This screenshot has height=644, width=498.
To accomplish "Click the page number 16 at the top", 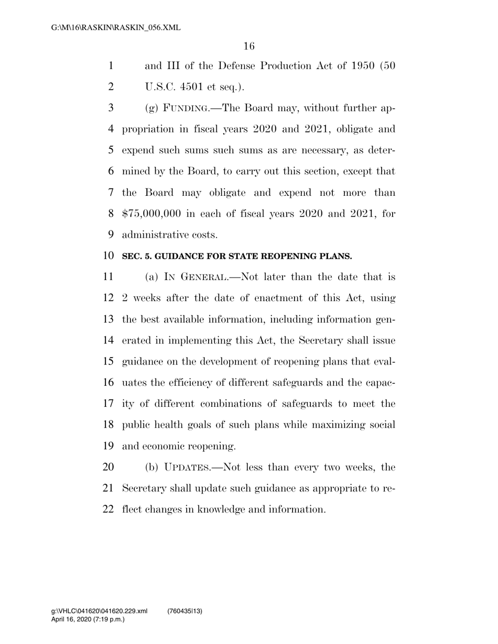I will (249, 47).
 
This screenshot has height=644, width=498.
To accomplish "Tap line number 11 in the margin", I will (109, 277).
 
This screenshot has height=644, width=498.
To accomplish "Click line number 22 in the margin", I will (109, 509).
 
